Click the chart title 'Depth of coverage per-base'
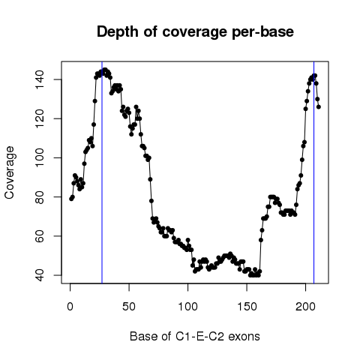click(x=195, y=32)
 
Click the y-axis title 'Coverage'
click(x=9, y=172)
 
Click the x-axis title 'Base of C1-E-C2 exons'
click(x=195, y=336)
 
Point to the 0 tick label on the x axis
click(x=70, y=307)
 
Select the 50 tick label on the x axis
click(x=129, y=307)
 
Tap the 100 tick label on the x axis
click(x=187, y=307)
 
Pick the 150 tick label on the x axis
click(x=247, y=307)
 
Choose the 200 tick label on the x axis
click(x=305, y=307)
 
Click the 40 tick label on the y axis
click(x=40, y=275)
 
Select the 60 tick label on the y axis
click(x=40, y=236)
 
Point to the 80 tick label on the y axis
click(x=40, y=197)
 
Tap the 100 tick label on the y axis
click(x=40, y=157)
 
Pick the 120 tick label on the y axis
click(x=40, y=118)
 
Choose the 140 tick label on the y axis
click(x=40, y=79)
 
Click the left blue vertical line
click(x=102, y=172)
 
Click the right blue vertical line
click(x=313, y=172)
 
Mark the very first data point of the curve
click(x=71, y=199)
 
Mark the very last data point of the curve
click(x=319, y=107)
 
